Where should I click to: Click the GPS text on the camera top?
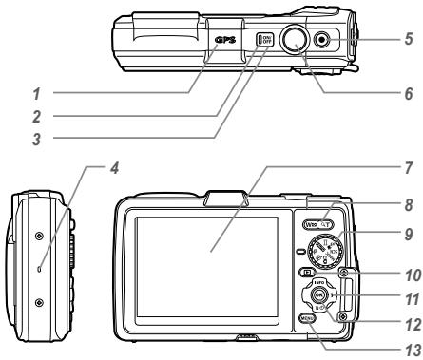point(224,40)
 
